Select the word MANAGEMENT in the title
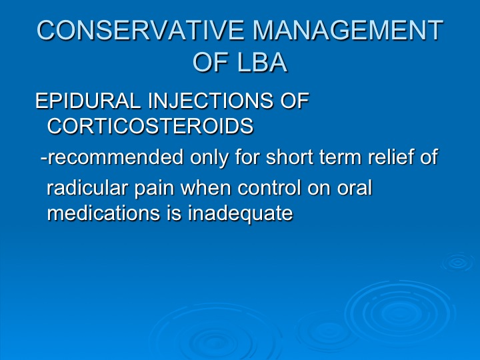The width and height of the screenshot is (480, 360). (x=348, y=30)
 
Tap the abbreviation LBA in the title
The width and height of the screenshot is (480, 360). (x=262, y=63)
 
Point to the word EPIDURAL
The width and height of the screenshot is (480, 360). (x=88, y=101)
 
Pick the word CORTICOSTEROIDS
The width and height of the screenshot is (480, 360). (x=150, y=125)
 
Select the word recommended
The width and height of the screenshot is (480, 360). (x=115, y=157)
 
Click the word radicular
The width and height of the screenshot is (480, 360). (x=87, y=187)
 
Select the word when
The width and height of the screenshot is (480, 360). (x=206, y=187)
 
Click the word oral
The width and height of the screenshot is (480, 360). (x=355, y=187)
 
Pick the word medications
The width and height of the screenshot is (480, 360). (x=103, y=213)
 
